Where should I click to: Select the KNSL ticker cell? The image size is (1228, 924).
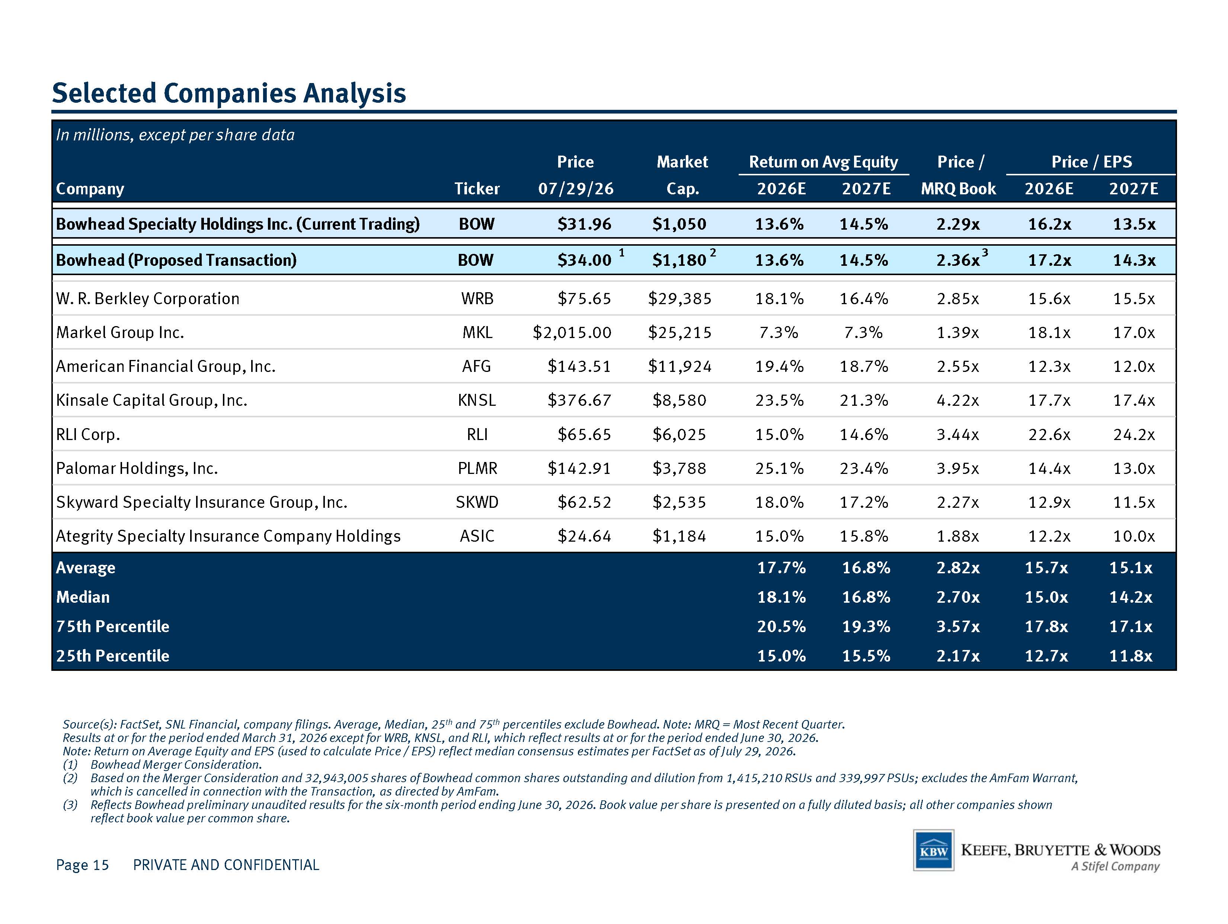coord(477,400)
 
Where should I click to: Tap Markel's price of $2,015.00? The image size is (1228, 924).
coord(572,332)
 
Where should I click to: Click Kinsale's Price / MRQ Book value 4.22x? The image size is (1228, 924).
coord(957,400)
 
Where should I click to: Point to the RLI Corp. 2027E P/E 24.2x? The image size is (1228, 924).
coord(1133,434)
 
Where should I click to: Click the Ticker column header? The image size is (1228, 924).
coord(477,189)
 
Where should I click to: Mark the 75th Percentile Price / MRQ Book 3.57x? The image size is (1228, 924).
coord(957,627)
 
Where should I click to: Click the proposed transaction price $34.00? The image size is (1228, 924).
coord(584,260)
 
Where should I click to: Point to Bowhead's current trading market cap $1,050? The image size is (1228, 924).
coord(679,224)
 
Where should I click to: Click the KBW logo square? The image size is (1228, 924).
coord(934,850)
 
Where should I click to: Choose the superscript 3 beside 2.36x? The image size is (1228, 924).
coord(985,253)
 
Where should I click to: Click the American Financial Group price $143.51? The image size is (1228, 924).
coord(579,366)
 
